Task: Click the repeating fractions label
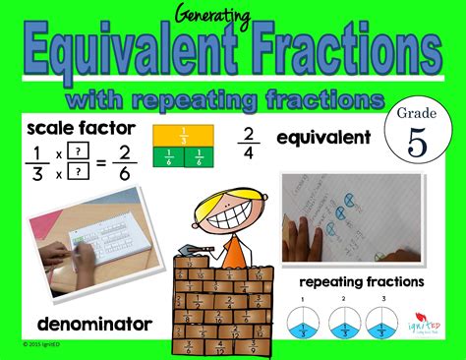click(362, 281)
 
